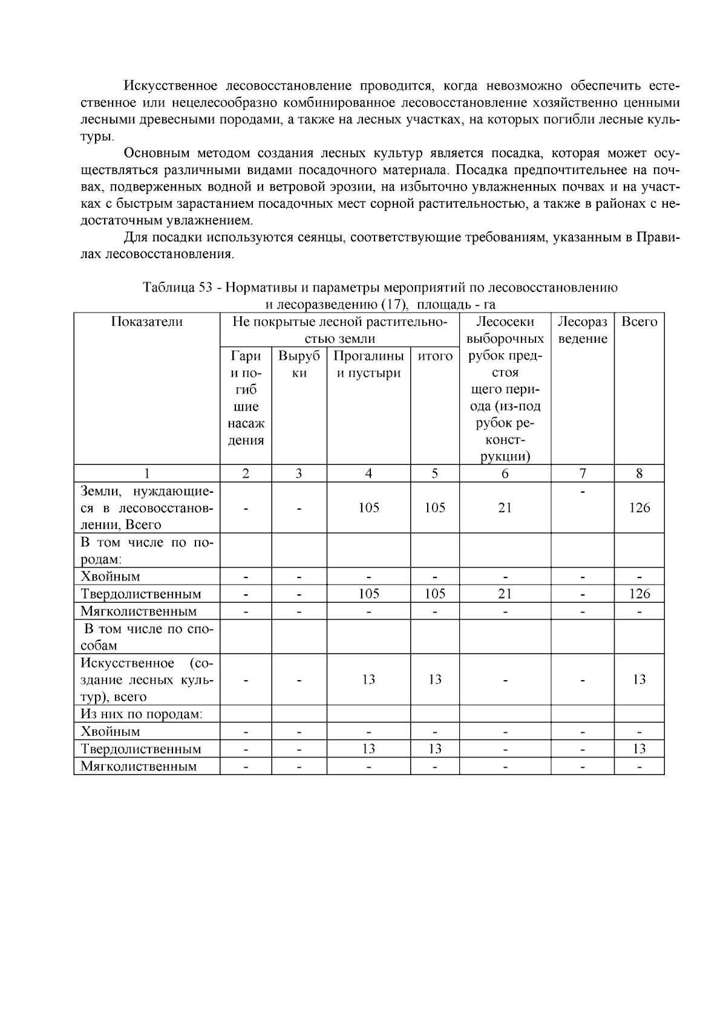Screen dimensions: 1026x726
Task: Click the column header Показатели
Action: click(146, 322)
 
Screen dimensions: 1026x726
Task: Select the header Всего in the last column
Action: click(639, 322)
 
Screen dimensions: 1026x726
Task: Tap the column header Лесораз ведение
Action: click(582, 330)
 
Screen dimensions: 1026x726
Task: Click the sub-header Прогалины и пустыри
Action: click(368, 365)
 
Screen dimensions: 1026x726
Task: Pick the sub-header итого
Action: click(435, 357)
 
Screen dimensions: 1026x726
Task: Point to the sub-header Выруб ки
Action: click(299, 365)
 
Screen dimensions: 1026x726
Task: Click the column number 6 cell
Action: click(505, 474)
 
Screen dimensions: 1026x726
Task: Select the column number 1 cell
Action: click(146, 474)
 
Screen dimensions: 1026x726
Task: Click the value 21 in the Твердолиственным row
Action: click(505, 594)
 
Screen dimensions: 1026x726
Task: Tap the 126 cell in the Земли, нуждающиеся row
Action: click(639, 508)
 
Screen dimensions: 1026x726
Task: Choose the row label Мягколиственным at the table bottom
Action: click(139, 767)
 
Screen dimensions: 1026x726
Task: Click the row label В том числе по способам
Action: click(146, 637)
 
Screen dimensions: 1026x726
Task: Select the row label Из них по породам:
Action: click(142, 714)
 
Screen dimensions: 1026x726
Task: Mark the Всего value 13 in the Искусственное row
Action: click(639, 680)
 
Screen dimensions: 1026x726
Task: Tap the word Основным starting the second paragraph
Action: click(153, 154)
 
